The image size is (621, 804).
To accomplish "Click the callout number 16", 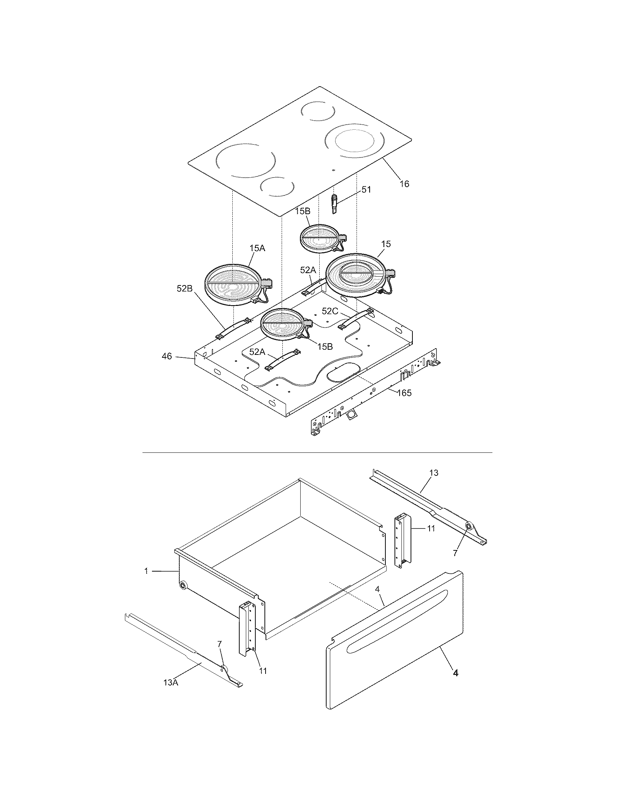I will [x=404, y=184].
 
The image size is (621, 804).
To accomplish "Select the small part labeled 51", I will [x=334, y=205].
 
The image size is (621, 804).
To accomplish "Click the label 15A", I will [x=257, y=248].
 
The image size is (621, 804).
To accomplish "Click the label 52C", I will [x=329, y=311].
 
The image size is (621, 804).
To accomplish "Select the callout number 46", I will [x=167, y=356].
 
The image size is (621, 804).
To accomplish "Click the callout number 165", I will [x=404, y=393].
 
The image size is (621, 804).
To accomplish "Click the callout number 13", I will [x=434, y=473].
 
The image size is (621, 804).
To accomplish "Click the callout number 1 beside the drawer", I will [x=146, y=571].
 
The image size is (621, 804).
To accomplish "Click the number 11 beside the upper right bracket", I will [x=431, y=528].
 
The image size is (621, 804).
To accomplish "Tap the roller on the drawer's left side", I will [x=183, y=585].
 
